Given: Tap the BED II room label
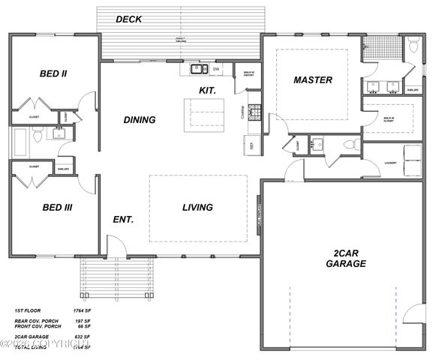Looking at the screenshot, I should point(54,73).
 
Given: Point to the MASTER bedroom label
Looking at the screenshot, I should point(312,79).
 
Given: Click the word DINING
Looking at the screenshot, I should point(139,119).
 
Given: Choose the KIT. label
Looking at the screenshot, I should point(206,89).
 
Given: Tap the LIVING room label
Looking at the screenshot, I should point(197,207).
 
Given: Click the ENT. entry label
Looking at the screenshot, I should point(122,220).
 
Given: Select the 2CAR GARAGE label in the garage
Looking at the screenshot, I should point(345,258).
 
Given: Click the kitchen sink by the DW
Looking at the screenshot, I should point(198,69).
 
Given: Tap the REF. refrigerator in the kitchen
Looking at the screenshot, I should point(251,145).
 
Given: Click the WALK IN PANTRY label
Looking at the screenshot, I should point(248,73).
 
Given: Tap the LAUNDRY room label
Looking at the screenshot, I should point(389,163).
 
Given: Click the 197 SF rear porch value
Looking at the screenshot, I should point(83,321).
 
